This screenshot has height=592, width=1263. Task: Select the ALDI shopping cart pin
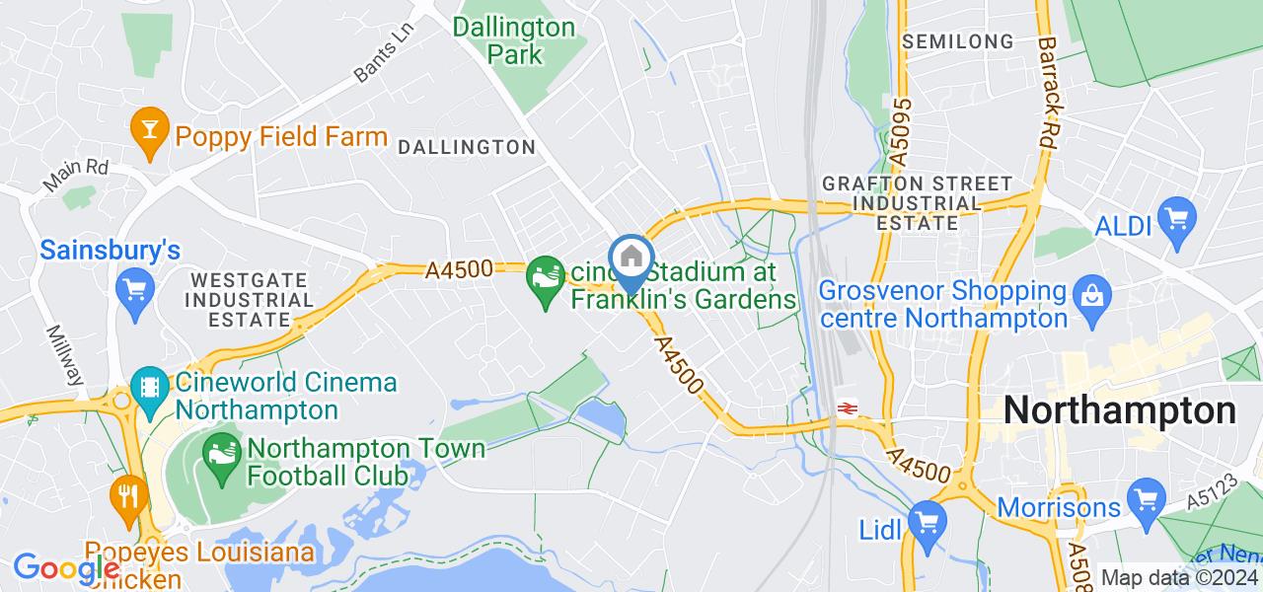click(x=1177, y=216)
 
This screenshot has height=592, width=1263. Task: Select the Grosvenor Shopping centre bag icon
click(x=1092, y=294)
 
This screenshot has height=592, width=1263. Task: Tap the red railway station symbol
click(x=846, y=407)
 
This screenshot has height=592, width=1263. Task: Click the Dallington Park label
click(x=514, y=39)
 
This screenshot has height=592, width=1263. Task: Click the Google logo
click(x=65, y=568)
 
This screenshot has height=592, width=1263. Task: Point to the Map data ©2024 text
click(x=1179, y=578)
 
